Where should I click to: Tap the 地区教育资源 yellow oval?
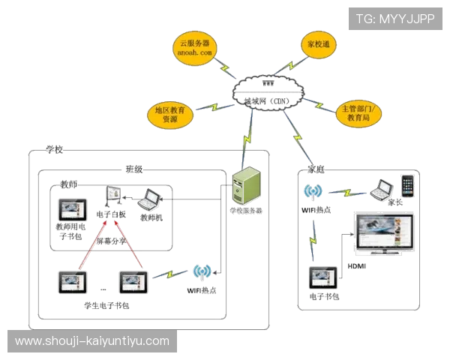pyautogui.click(x=170, y=114)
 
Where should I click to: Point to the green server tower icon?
pyautogui.click(x=247, y=187)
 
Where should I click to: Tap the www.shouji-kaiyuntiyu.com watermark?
pyautogui.click(x=93, y=341)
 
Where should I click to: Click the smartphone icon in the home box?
pyautogui.click(x=406, y=185)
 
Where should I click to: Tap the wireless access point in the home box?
pyautogui.click(x=312, y=194)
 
